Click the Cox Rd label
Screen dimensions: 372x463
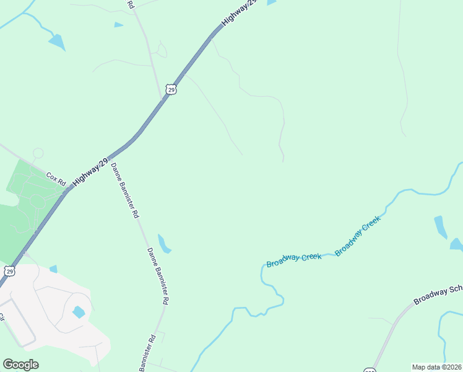click(x=56, y=179)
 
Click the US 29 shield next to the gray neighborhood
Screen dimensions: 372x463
click(x=9, y=271)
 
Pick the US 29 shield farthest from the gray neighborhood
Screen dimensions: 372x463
click(x=171, y=89)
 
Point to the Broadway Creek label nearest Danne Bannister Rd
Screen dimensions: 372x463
click(x=293, y=260)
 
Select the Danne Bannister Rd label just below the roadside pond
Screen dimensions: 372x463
click(x=158, y=275)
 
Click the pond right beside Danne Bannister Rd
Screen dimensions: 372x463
click(x=164, y=244)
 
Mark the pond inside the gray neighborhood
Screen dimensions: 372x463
click(x=79, y=312)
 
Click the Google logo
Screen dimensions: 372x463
click(x=20, y=365)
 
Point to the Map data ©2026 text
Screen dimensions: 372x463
click(x=436, y=367)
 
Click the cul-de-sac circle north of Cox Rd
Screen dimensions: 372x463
click(x=38, y=153)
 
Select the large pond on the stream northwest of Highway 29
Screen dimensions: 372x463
click(x=57, y=42)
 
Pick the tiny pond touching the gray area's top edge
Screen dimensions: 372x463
click(x=53, y=269)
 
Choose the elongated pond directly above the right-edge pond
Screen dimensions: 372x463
click(x=440, y=226)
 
